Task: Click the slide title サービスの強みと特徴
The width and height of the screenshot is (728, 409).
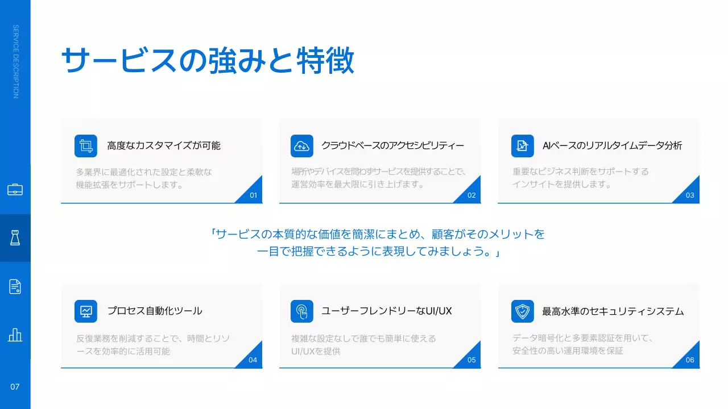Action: point(208,60)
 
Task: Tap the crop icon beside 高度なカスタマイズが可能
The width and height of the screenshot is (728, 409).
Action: point(86,146)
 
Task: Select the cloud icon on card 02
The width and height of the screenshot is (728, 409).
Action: point(301,146)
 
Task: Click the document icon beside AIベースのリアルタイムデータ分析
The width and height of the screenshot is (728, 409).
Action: point(522,146)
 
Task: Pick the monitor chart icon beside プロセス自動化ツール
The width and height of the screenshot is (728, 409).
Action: point(86,311)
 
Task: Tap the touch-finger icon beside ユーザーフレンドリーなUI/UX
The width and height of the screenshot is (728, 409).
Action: point(301,311)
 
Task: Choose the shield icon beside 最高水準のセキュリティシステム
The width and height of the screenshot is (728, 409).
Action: point(522,311)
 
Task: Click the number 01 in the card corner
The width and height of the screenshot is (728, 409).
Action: point(254,195)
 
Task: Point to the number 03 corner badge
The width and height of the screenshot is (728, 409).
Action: point(690,195)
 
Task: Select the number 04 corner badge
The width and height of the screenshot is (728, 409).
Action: point(253,360)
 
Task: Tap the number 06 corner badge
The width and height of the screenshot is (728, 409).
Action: point(690,360)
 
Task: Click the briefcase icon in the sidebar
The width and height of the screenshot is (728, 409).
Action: point(15,190)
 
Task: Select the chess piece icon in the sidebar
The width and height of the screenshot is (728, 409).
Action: point(15,238)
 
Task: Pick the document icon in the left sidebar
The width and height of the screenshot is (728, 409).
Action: point(15,286)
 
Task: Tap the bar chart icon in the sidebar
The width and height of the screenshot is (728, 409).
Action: point(15,335)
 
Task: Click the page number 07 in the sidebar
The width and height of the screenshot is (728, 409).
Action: point(15,387)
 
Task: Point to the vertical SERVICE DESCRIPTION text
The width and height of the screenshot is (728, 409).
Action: point(15,61)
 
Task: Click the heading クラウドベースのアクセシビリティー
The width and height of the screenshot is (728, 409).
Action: point(392,145)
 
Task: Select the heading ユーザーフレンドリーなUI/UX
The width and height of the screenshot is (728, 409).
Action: point(387,311)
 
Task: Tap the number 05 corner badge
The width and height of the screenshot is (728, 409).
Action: point(471,360)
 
